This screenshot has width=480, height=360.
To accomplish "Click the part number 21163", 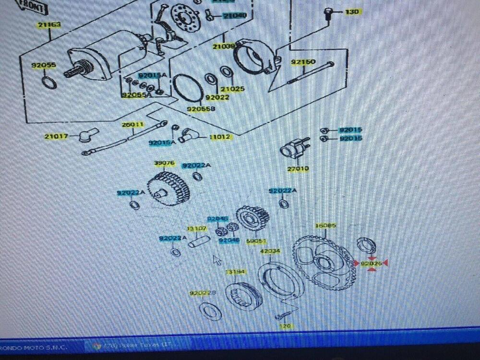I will [x=49, y=24].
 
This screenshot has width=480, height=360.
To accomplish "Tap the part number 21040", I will [x=235, y=16].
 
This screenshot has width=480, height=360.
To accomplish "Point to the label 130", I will [x=352, y=12].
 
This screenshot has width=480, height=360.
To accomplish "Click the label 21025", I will [x=232, y=89].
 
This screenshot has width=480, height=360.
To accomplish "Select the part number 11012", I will [x=221, y=137].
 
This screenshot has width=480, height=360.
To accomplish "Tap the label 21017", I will [x=56, y=137].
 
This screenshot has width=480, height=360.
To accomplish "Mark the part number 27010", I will [x=298, y=169].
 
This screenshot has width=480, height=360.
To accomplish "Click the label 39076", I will [x=164, y=163].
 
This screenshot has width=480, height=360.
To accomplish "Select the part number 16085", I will [x=325, y=226].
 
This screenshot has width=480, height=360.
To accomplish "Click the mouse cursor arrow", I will [x=216, y=260].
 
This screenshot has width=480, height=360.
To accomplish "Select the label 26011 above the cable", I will [x=132, y=124].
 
